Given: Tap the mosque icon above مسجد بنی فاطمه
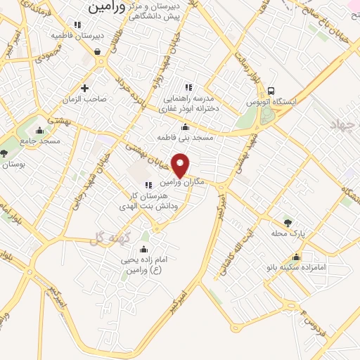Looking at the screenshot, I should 185,127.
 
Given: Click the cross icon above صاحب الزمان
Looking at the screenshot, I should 85,89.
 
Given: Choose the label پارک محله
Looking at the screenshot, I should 286,233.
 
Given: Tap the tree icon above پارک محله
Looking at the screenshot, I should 287,222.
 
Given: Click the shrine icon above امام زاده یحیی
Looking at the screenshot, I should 143,250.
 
